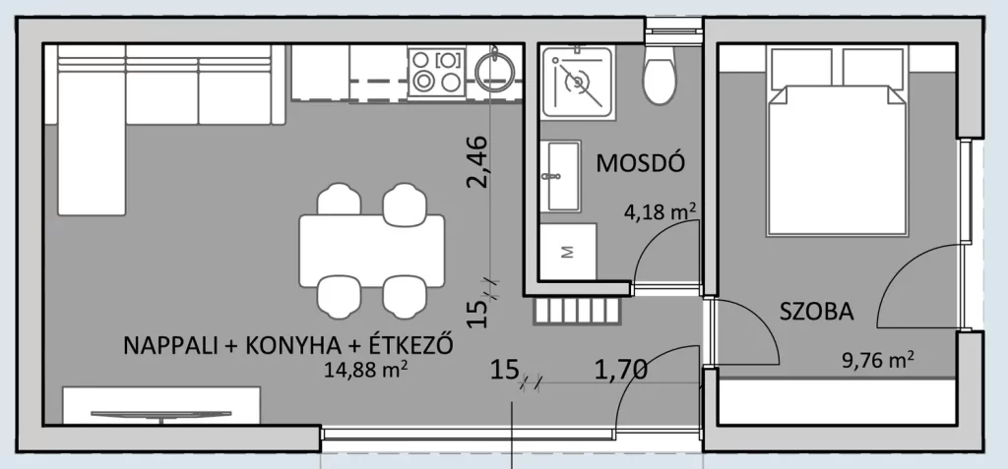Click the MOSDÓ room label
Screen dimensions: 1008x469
[x=639, y=162]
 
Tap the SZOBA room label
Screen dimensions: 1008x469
[x=816, y=312]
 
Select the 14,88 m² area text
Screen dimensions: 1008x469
[x=368, y=372]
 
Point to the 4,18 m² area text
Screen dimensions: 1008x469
[x=661, y=211]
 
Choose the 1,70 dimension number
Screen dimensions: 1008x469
[x=620, y=370]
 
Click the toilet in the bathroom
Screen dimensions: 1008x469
[x=661, y=76]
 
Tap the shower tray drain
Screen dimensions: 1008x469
[x=577, y=81]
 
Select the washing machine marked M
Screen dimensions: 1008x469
[x=568, y=252]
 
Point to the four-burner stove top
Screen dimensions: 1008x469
[x=436, y=71]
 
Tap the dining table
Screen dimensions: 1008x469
[x=371, y=251]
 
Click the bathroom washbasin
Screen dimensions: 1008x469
[x=564, y=175]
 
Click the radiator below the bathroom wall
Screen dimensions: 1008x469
[x=577, y=313]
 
